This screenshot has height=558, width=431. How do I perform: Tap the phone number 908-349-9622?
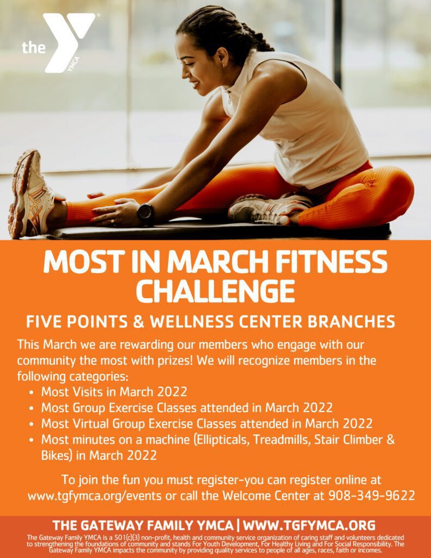pos(372,495)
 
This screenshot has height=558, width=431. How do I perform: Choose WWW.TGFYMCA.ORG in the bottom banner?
pos(309,525)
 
